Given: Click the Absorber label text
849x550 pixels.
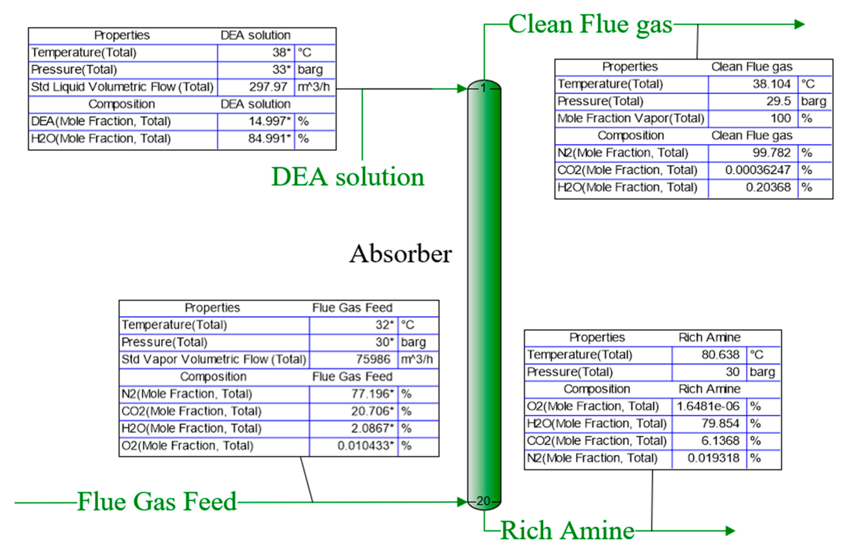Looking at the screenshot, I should (400, 254).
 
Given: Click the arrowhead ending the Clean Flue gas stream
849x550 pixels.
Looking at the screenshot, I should (799, 24).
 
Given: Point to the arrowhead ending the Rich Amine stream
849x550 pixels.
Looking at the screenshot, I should (730, 531).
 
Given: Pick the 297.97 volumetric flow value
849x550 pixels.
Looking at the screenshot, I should (268, 87).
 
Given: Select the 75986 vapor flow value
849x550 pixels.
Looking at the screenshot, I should (373, 359).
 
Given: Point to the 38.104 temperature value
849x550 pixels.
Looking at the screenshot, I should (771, 84).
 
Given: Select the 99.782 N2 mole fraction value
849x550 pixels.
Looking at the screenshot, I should (771, 153).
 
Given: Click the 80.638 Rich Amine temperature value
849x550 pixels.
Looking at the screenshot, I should (720, 355).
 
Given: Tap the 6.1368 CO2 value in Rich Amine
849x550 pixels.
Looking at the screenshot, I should (720, 441).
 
